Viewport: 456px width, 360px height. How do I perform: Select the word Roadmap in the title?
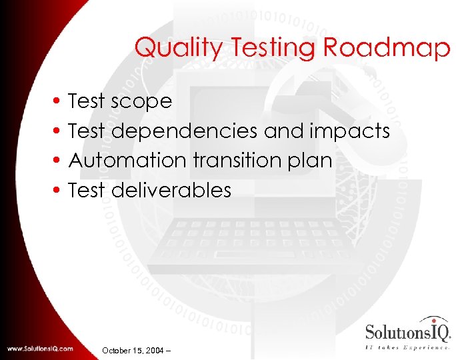pos(387,48)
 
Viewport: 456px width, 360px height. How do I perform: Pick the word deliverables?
pos(171,191)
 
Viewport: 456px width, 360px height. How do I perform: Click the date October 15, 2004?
pos(133,349)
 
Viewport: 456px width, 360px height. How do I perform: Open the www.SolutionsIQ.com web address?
pos(40,349)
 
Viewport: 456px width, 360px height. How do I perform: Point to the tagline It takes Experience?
pos(407,347)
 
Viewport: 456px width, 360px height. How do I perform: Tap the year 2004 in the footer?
pos(156,349)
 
